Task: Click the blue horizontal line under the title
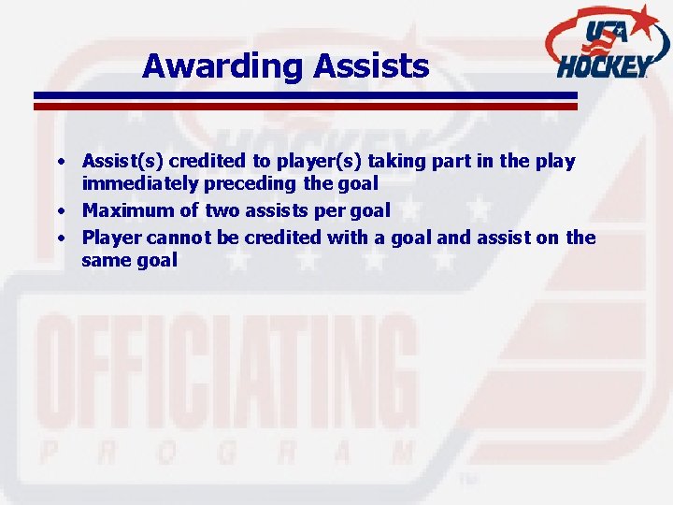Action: pos(305,95)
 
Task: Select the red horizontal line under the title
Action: pos(305,107)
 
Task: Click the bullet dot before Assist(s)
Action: pos(60,162)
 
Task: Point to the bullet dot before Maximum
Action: pos(60,211)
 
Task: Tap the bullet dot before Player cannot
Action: pos(60,238)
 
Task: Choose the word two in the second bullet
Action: pos(222,210)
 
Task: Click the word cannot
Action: pos(178,237)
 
